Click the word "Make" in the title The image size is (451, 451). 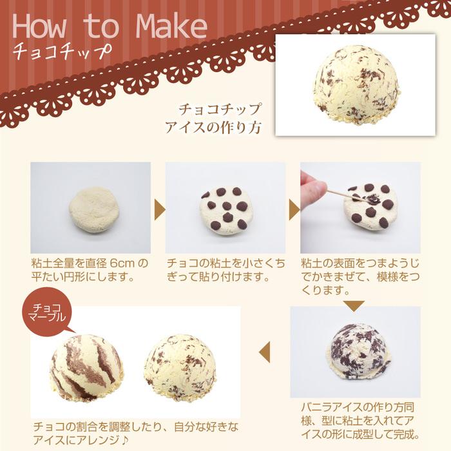click(x=172, y=26)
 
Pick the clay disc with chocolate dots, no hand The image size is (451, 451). click(x=225, y=207)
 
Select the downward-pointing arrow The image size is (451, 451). click(x=354, y=305)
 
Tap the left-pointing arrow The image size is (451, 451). click(x=265, y=351)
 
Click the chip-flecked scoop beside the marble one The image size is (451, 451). click(x=180, y=365)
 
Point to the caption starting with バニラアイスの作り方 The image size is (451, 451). click(x=361, y=419)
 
